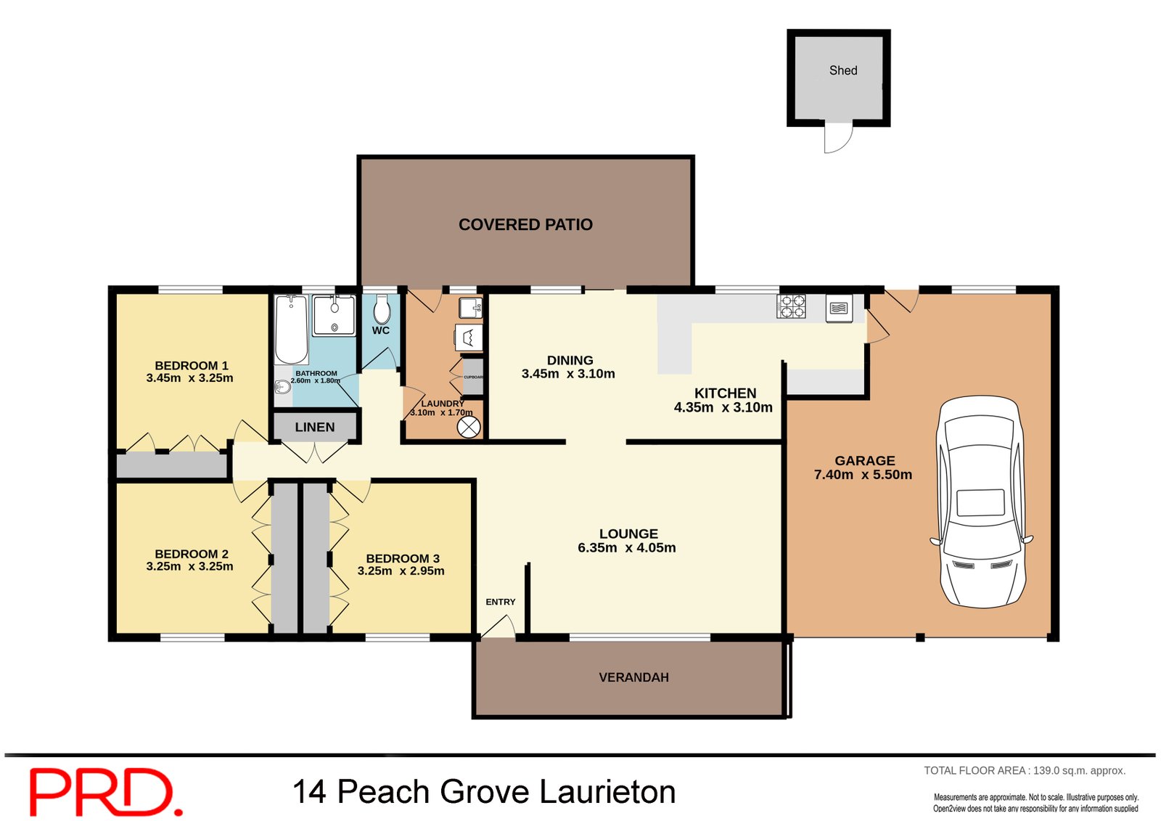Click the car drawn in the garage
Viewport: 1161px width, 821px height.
click(x=982, y=501)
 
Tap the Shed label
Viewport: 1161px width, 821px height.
click(x=843, y=70)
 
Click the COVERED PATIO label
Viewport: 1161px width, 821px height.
click(x=525, y=225)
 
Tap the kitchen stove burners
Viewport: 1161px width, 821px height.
click(x=792, y=306)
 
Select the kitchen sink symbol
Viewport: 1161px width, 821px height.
click(x=838, y=309)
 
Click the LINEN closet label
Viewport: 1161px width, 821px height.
click(x=315, y=427)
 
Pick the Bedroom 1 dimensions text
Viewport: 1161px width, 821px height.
click(x=189, y=378)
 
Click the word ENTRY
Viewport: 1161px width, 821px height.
click(x=500, y=602)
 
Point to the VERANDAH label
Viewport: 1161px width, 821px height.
click(x=633, y=677)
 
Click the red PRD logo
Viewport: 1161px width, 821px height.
click(x=104, y=792)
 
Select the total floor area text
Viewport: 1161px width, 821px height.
click(x=1024, y=771)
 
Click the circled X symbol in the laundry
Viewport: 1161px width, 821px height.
click(x=469, y=428)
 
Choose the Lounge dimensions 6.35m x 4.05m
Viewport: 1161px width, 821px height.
click(x=626, y=548)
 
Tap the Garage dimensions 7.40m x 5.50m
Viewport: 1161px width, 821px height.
click(x=863, y=475)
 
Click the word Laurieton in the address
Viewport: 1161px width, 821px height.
click(x=608, y=791)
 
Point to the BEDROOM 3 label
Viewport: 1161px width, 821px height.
click(x=403, y=558)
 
